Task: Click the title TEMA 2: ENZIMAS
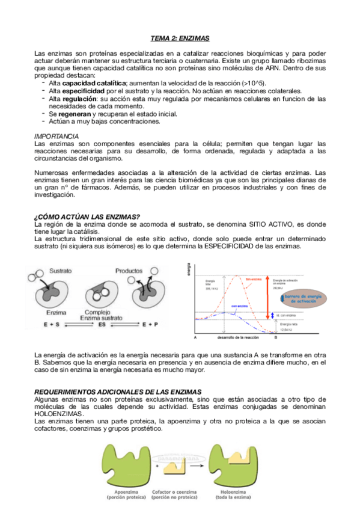[179, 38]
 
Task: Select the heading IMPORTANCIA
[56, 137]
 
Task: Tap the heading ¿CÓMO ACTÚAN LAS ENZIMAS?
[87, 217]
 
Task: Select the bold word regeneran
[75, 114]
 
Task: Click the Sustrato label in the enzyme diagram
[61, 271]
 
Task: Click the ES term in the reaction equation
[102, 324]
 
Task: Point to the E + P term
[151, 324]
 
